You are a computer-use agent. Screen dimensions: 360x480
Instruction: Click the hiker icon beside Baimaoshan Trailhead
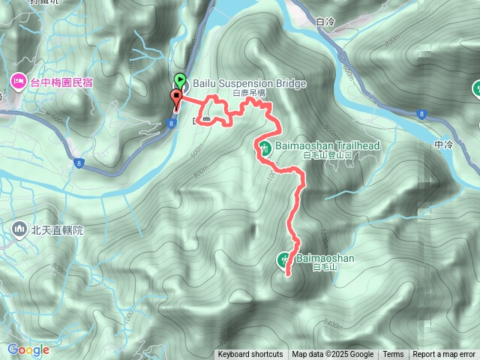(264, 146)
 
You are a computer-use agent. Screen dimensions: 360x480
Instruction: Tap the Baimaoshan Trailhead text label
(326, 145)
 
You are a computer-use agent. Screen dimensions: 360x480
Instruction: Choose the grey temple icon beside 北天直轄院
(19, 229)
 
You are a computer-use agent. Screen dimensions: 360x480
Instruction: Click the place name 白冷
(324, 22)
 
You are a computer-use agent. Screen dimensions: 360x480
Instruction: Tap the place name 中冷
(445, 144)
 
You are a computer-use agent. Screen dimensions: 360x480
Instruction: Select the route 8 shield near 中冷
(421, 114)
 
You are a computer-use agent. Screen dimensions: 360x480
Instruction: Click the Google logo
(28, 349)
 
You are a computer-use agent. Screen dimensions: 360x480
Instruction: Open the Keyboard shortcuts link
(250, 355)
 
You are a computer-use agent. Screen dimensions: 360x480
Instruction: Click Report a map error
(444, 355)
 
